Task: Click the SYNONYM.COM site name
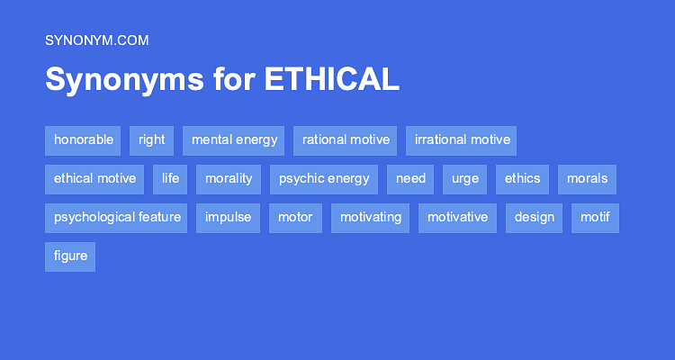click(96, 40)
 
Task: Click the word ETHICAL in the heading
click(331, 79)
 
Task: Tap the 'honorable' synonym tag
click(84, 139)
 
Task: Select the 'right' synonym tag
click(152, 139)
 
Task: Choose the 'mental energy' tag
click(234, 139)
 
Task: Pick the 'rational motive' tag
click(346, 139)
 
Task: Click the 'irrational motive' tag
click(462, 139)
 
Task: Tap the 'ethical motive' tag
click(94, 178)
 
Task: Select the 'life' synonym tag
click(170, 178)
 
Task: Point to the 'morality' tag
click(229, 178)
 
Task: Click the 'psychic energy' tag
click(324, 178)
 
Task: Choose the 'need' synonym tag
click(410, 178)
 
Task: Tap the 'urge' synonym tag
click(465, 178)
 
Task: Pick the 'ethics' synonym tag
click(522, 178)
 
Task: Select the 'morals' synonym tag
click(587, 178)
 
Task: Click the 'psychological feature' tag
click(117, 217)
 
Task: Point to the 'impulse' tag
click(228, 217)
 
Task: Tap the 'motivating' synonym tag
click(370, 217)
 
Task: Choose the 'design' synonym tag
click(535, 217)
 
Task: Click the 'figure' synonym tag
click(70, 256)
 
